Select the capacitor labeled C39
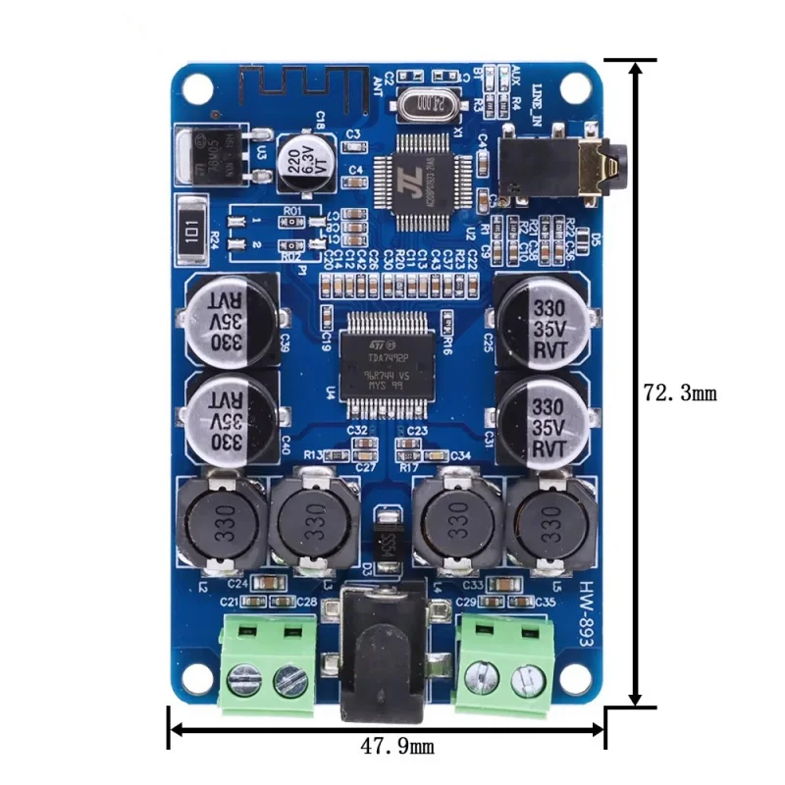pos(229,317)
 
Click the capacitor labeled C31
pos(543,417)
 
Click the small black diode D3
pos(389,535)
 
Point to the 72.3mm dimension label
pos(680,393)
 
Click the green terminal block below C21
pos(267,662)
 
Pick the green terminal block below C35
pos(506,663)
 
